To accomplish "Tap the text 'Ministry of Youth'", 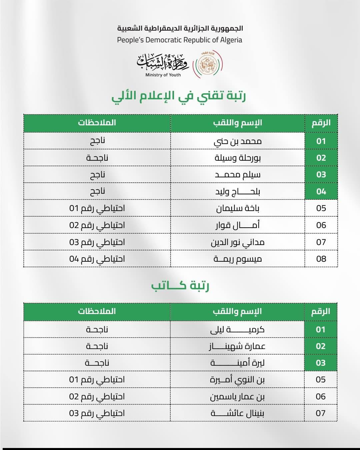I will pyautogui.click(x=163, y=75).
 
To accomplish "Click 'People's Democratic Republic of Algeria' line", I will pyautogui.click(x=180, y=40).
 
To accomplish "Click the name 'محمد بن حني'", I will pyautogui.click(x=238, y=141).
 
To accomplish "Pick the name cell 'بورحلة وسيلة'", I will pyautogui.click(x=238, y=158).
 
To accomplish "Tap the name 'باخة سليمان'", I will pyautogui.click(x=238, y=208).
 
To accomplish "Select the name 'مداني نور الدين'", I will pyautogui.click(x=238, y=242).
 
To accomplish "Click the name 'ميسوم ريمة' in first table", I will pyautogui.click(x=238, y=259).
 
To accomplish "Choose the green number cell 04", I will pyautogui.click(x=321, y=191).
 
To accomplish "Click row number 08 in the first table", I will pyautogui.click(x=321, y=259).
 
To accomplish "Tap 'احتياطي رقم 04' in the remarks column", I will pyautogui.click(x=97, y=259).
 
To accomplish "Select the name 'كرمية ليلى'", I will pyautogui.click(x=237, y=329).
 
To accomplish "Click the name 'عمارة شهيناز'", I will pyautogui.click(x=237, y=346).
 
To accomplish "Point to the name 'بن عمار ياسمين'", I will pyautogui.click(x=237, y=396).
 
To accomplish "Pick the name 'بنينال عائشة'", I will pyautogui.click(x=237, y=413).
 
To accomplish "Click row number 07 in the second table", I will pyautogui.click(x=321, y=413).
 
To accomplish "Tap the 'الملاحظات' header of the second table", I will pyautogui.click(x=97, y=311).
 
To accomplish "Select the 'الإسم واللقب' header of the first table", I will pyautogui.click(x=238, y=123).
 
